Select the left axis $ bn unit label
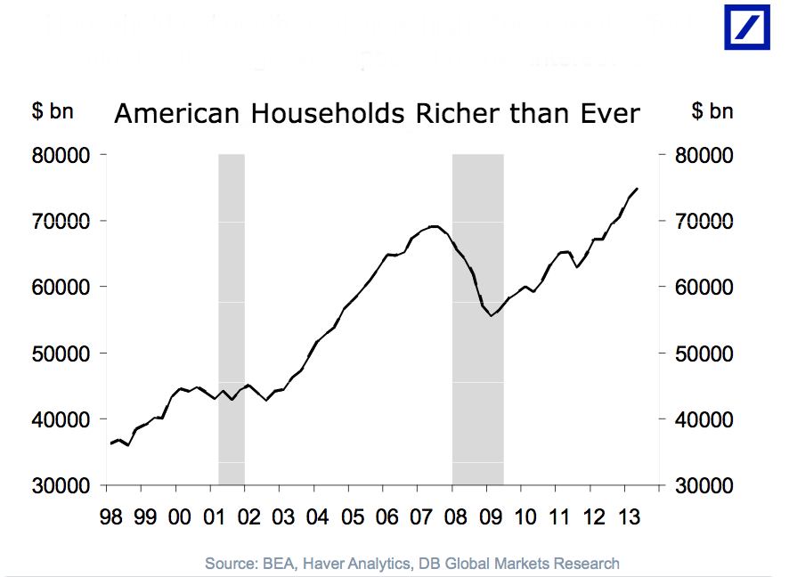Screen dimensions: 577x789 click(x=53, y=111)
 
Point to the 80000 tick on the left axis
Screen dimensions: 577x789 click(x=63, y=155)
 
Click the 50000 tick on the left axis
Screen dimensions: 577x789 click(x=63, y=354)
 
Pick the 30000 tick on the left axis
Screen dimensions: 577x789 click(x=63, y=486)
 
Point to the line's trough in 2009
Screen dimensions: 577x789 click(x=491, y=315)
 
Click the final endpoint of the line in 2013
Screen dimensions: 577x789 click(x=637, y=189)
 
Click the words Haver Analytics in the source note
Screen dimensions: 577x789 click(x=356, y=563)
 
